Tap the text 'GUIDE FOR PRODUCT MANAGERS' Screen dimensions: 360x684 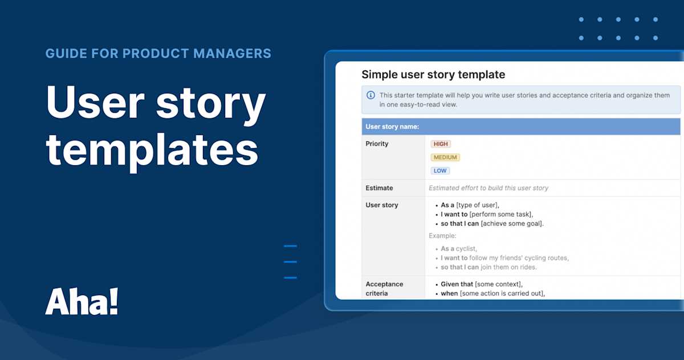pos(158,54)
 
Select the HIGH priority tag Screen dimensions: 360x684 pos(441,144)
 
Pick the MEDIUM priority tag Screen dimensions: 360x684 pos(445,157)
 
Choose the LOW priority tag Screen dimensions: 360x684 pos(440,171)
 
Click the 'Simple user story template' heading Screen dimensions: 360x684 pos(433,75)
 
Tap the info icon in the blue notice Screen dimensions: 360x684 pos(371,95)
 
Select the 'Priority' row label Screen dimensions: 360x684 pos(377,144)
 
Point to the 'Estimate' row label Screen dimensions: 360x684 pos(379,188)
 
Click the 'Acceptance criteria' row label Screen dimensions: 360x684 pos(384,288)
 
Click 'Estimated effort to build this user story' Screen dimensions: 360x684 pos(488,188)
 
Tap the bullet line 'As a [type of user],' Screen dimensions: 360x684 pos(470,205)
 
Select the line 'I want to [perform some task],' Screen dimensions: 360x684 pos(487,214)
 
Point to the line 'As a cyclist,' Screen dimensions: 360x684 pos(459,249)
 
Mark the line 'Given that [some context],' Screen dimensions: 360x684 pos(482,284)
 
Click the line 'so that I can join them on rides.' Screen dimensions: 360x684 pos(488,267)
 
